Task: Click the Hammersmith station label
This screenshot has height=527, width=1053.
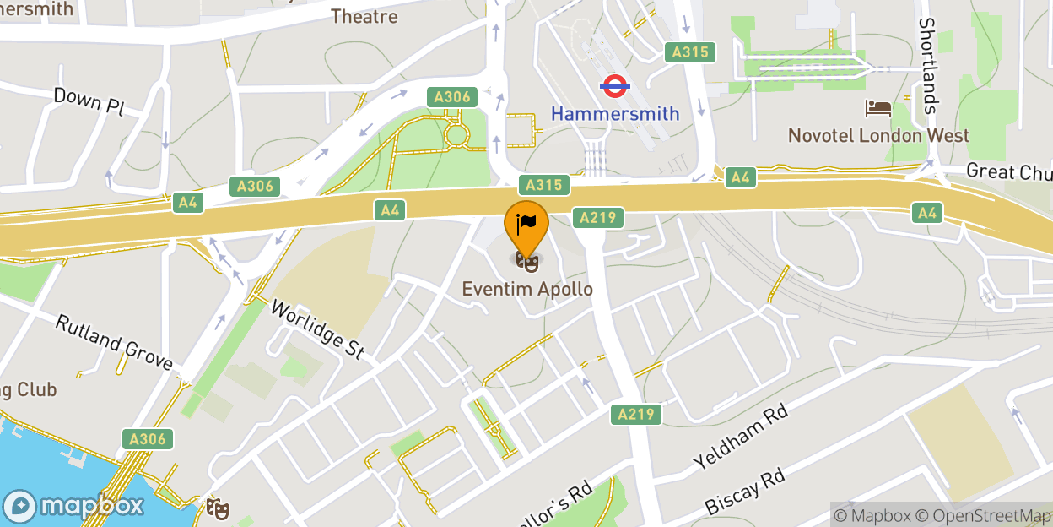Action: pyautogui.click(x=615, y=113)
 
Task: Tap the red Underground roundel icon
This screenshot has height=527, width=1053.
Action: pyautogui.click(x=615, y=85)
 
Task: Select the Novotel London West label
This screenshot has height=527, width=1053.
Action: pyautogui.click(x=878, y=135)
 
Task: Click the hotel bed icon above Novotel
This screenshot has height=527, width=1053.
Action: pyautogui.click(x=878, y=108)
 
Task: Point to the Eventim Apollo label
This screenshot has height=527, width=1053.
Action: pyautogui.click(x=527, y=290)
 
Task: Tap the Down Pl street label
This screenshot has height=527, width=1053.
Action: pyautogui.click(x=89, y=100)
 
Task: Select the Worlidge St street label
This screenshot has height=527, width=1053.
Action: pyautogui.click(x=316, y=329)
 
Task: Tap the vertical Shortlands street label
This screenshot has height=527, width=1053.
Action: pyautogui.click(x=928, y=66)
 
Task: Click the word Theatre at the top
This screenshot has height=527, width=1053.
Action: pyautogui.click(x=364, y=15)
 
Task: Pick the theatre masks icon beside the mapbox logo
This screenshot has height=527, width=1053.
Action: pyautogui.click(x=218, y=508)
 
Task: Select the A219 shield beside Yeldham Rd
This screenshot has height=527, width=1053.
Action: pyautogui.click(x=636, y=414)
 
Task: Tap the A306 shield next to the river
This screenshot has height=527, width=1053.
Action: pyautogui.click(x=148, y=438)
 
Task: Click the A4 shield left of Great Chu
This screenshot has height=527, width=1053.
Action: pyautogui.click(x=740, y=177)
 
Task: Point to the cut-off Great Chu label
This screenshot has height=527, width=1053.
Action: pyautogui.click(x=1009, y=171)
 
